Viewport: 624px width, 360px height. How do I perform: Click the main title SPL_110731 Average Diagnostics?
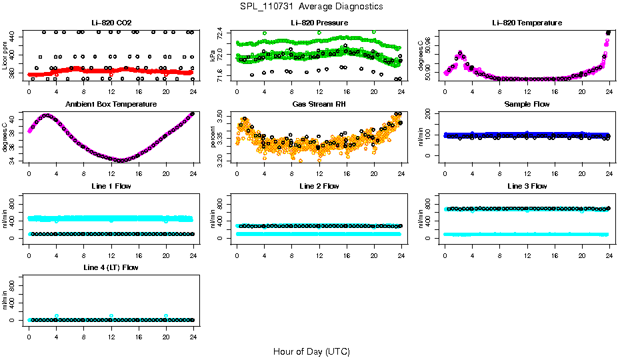coord(311,6)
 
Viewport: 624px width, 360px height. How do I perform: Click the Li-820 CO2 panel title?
coord(111,23)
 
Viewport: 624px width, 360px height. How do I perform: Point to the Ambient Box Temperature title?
coord(111,105)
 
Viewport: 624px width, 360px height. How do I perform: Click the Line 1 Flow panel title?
coord(111,186)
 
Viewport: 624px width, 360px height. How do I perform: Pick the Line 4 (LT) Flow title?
coord(111,267)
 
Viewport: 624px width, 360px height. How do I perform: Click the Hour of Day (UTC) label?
coord(311,351)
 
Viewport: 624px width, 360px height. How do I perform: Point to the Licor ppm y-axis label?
coord(5,55)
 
